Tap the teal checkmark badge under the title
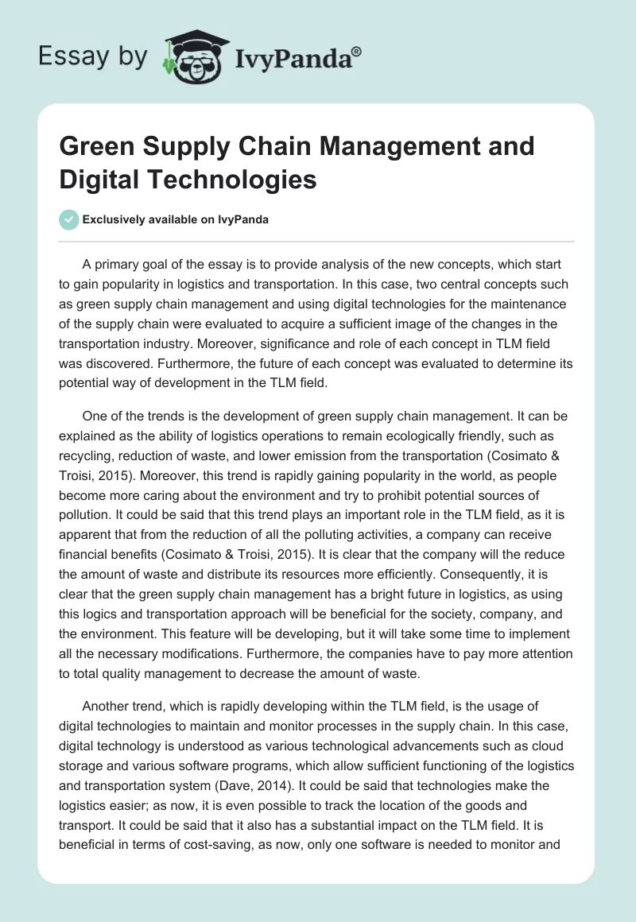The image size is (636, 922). [69, 219]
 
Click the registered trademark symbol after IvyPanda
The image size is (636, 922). [357, 51]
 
